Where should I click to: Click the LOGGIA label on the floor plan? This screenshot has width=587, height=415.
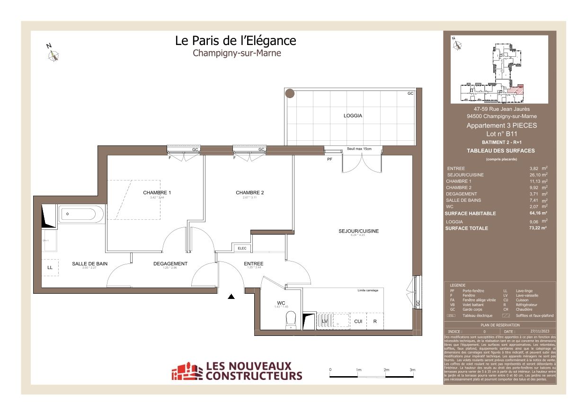pos(353,116)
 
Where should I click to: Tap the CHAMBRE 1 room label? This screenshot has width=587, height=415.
pos(157,193)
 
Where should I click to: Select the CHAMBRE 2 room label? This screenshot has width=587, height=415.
pos(249,193)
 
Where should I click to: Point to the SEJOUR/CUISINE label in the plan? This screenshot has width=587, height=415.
pos(358,231)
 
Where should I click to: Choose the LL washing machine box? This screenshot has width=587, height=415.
pos(50,268)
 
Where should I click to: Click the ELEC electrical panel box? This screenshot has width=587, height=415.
pos(242,248)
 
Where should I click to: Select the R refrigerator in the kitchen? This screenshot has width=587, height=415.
pos(374,322)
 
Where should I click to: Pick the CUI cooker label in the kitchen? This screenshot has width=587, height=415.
pos(358,322)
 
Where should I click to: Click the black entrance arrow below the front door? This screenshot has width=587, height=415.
pos(231,297)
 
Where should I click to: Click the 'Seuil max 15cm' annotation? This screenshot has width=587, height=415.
pos(359,149)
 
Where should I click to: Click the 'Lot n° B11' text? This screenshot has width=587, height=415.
pos(501,134)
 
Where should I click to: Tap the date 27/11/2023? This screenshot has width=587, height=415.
pos(535,332)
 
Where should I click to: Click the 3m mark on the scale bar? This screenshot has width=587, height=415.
pos(412,370)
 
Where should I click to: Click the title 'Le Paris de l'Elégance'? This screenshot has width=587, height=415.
pos(235,41)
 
